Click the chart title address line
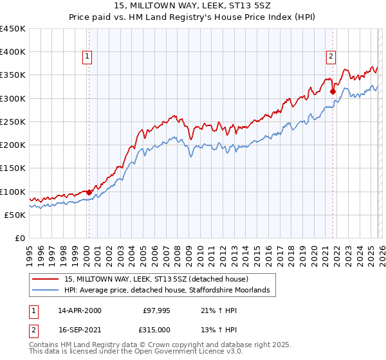coord(193,6)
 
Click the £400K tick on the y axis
coord(13,52)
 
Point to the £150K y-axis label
coord(13,168)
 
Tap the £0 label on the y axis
coord(21,238)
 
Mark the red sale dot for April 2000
coord(89,192)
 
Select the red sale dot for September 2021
coord(333,91)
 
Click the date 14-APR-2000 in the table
coord(79,310)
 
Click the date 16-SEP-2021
coord(79,328)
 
